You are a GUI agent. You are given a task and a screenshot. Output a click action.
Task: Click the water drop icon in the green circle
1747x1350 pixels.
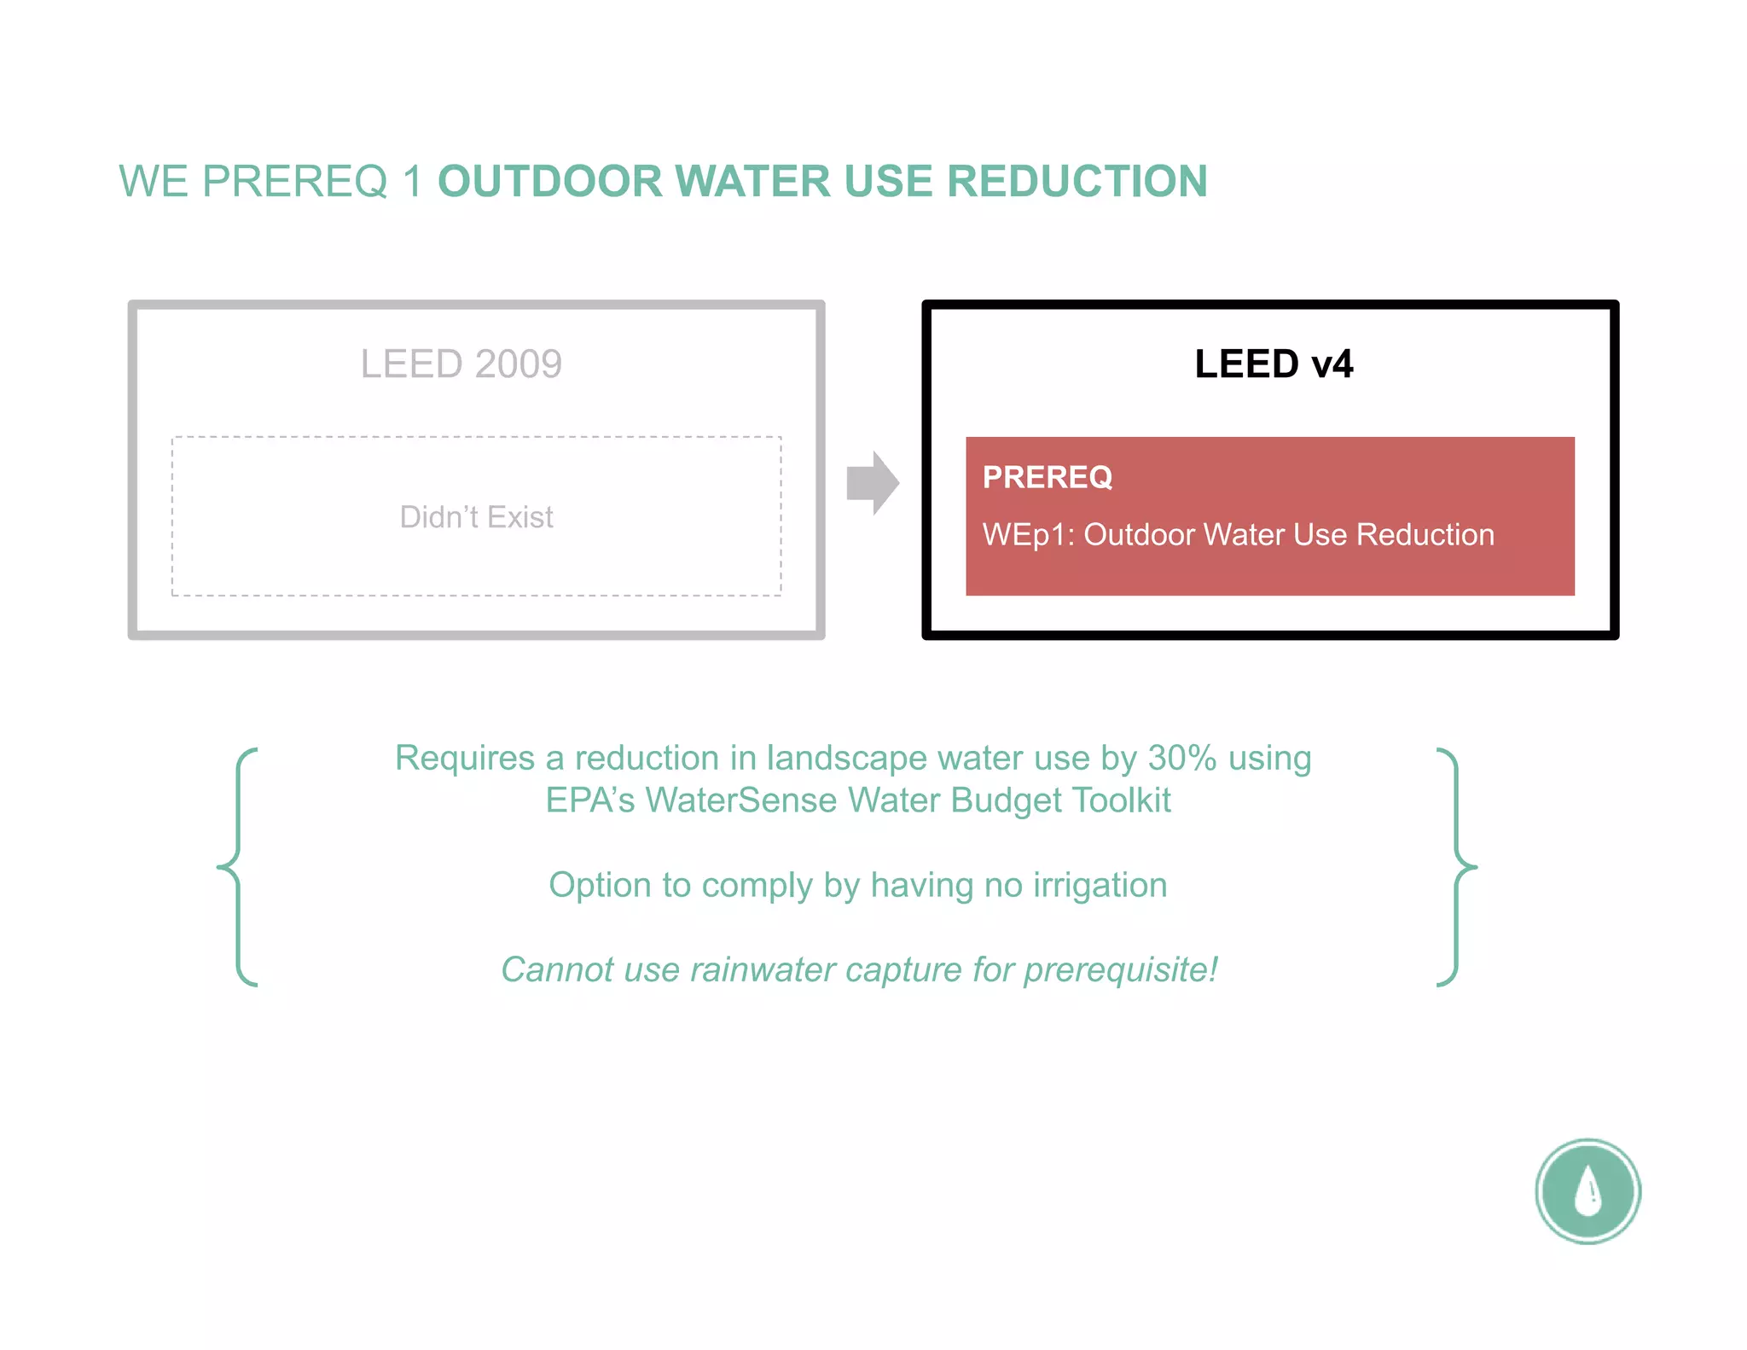click(1587, 1190)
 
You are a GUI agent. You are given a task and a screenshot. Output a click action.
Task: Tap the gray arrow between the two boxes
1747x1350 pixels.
click(872, 483)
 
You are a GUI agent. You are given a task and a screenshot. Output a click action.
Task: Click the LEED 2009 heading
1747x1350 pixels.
click(461, 364)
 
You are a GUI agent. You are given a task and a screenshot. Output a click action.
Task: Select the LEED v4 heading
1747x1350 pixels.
click(1273, 364)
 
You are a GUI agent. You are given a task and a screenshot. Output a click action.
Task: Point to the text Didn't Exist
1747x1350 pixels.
click(476, 517)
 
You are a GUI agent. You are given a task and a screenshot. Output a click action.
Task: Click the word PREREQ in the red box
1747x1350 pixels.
click(1048, 477)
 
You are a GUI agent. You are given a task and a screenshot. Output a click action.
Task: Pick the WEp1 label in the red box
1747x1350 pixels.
click(1028, 535)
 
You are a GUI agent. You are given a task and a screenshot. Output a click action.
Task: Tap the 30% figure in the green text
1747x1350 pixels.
click(1181, 758)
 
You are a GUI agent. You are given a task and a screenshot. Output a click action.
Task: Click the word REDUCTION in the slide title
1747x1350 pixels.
click(1077, 181)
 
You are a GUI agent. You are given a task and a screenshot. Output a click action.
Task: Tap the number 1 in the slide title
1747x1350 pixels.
click(412, 181)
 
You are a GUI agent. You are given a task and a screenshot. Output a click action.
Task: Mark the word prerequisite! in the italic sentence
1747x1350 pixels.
click(1120, 969)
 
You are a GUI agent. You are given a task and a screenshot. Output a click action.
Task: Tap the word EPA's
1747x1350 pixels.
click(589, 800)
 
